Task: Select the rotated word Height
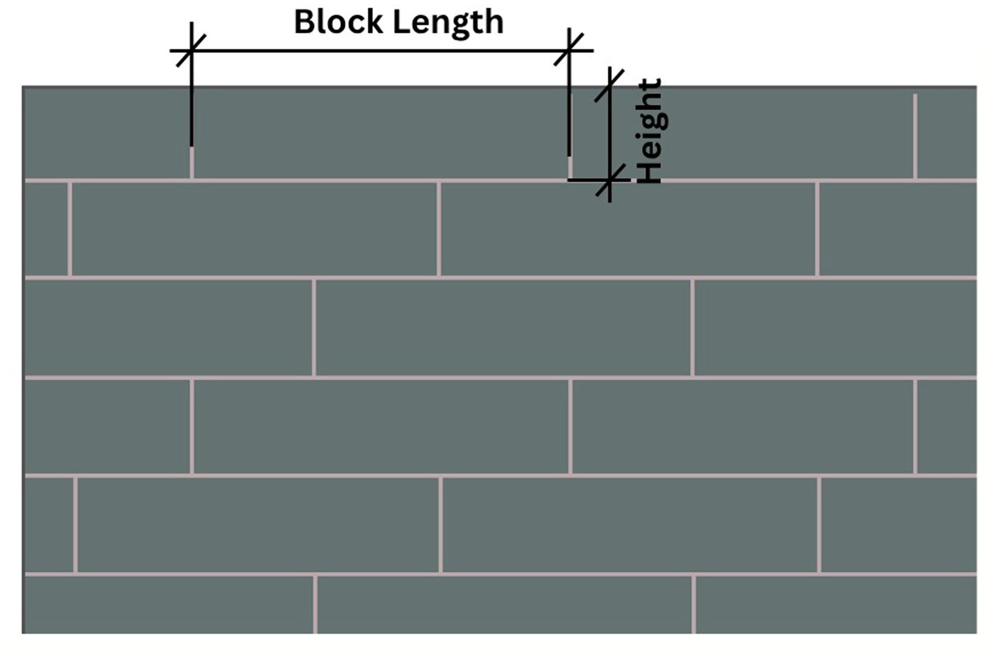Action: point(650,131)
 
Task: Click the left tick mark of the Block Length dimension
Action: point(191,50)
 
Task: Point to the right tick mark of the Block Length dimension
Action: point(569,50)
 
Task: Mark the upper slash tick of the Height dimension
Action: point(609,86)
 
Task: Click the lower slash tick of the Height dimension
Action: point(611,180)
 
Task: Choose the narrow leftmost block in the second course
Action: point(46,229)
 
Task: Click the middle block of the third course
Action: point(503,328)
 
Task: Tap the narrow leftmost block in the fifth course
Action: point(49,525)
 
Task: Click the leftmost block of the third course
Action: point(168,328)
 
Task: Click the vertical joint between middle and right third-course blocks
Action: point(692,328)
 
